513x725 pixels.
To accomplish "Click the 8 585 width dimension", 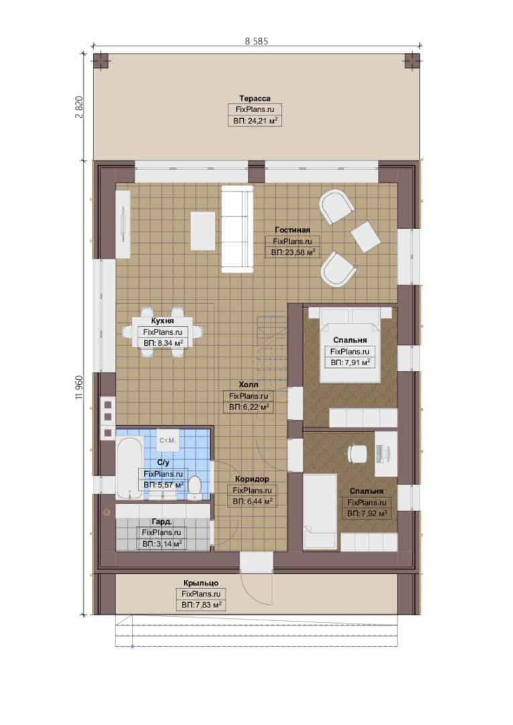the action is [256, 41].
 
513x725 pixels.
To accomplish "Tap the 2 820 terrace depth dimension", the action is [79, 107].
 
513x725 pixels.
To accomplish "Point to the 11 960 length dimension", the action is [79, 387].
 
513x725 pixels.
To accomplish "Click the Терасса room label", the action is [255, 99].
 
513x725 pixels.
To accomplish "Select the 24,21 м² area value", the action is [262, 121].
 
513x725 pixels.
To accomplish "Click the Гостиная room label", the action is [292, 230].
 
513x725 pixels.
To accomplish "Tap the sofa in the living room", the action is [237, 230].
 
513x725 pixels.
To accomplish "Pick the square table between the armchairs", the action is [365, 237].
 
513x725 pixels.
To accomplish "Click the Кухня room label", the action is [162, 320].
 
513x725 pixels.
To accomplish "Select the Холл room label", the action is [248, 385].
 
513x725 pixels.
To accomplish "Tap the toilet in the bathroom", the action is [195, 488].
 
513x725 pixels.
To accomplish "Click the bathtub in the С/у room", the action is [129, 469].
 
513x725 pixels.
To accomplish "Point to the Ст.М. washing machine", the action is [167, 440].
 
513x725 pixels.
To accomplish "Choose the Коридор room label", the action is [252, 479].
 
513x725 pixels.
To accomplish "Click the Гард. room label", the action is [162, 522].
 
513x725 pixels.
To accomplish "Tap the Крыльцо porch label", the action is [201, 583].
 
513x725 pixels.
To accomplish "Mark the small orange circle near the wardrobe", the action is [107, 512].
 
